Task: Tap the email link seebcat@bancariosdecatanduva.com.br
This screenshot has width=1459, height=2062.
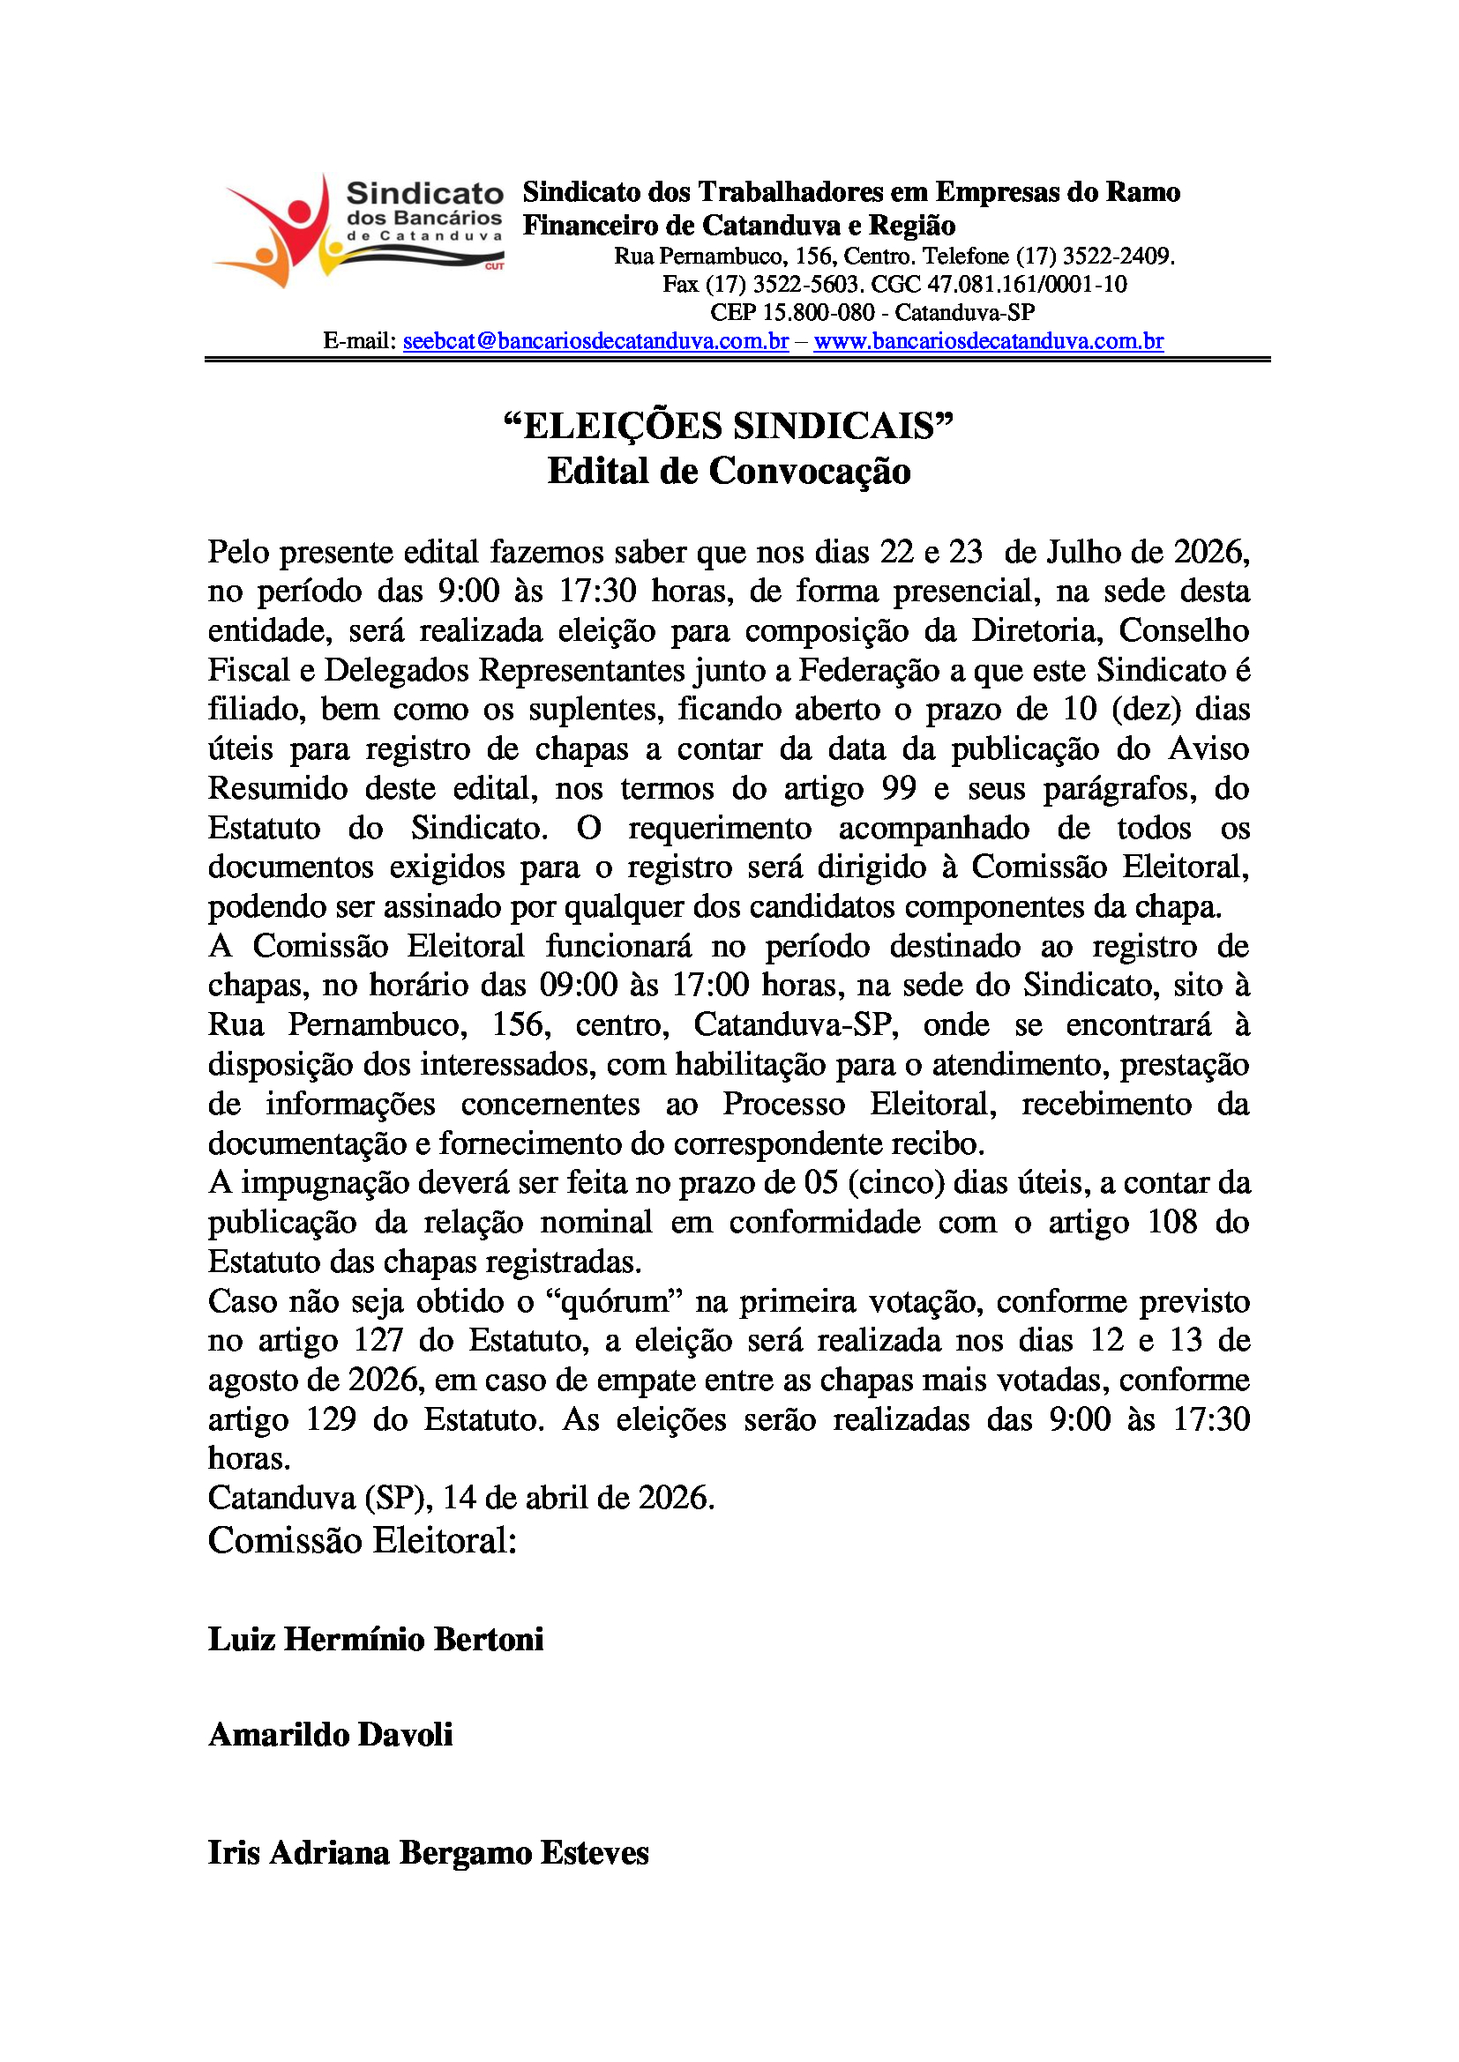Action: pyautogui.click(x=595, y=341)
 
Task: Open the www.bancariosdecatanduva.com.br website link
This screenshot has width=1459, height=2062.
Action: pyautogui.click(x=988, y=341)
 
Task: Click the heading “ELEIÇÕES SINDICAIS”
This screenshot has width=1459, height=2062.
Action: pyautogui.click(x=729, y=426)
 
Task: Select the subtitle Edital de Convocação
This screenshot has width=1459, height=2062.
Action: pyautogui.click(x=729, y=471)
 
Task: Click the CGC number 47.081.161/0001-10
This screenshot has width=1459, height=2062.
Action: pyautogui.click(x=1027, y=285)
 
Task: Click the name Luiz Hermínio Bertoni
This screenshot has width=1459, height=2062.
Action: pyautogui.click(x=376, y=1639)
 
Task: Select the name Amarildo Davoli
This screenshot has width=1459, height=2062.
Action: pyautogui.click(x=331, y=1734)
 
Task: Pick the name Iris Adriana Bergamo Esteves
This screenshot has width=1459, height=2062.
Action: pyautogui.click(x=429, y=1853)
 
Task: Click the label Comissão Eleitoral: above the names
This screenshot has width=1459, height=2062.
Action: pyautogui.click(x=362, y=1541)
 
